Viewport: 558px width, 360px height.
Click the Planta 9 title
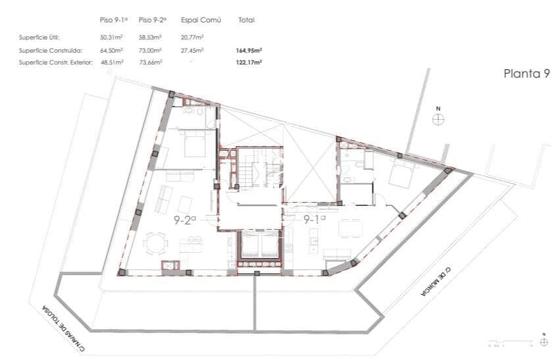click(x=526, y=74)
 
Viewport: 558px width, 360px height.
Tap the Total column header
click(x=247, y=20)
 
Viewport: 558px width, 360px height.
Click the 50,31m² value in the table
click(x=112, y=37)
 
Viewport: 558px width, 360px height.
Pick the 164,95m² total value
click(x=249, y=50)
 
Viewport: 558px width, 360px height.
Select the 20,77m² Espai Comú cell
click(x=191, y=37)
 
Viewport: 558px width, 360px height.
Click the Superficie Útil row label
click(x=39, y=37)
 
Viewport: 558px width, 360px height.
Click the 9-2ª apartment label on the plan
click(x=186, y=220)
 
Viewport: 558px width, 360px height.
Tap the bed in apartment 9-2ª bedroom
click(x=193, y=143)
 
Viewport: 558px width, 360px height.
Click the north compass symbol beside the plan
click(x=438, y=118)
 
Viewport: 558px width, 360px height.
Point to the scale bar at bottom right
click(x=510, y=344)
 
